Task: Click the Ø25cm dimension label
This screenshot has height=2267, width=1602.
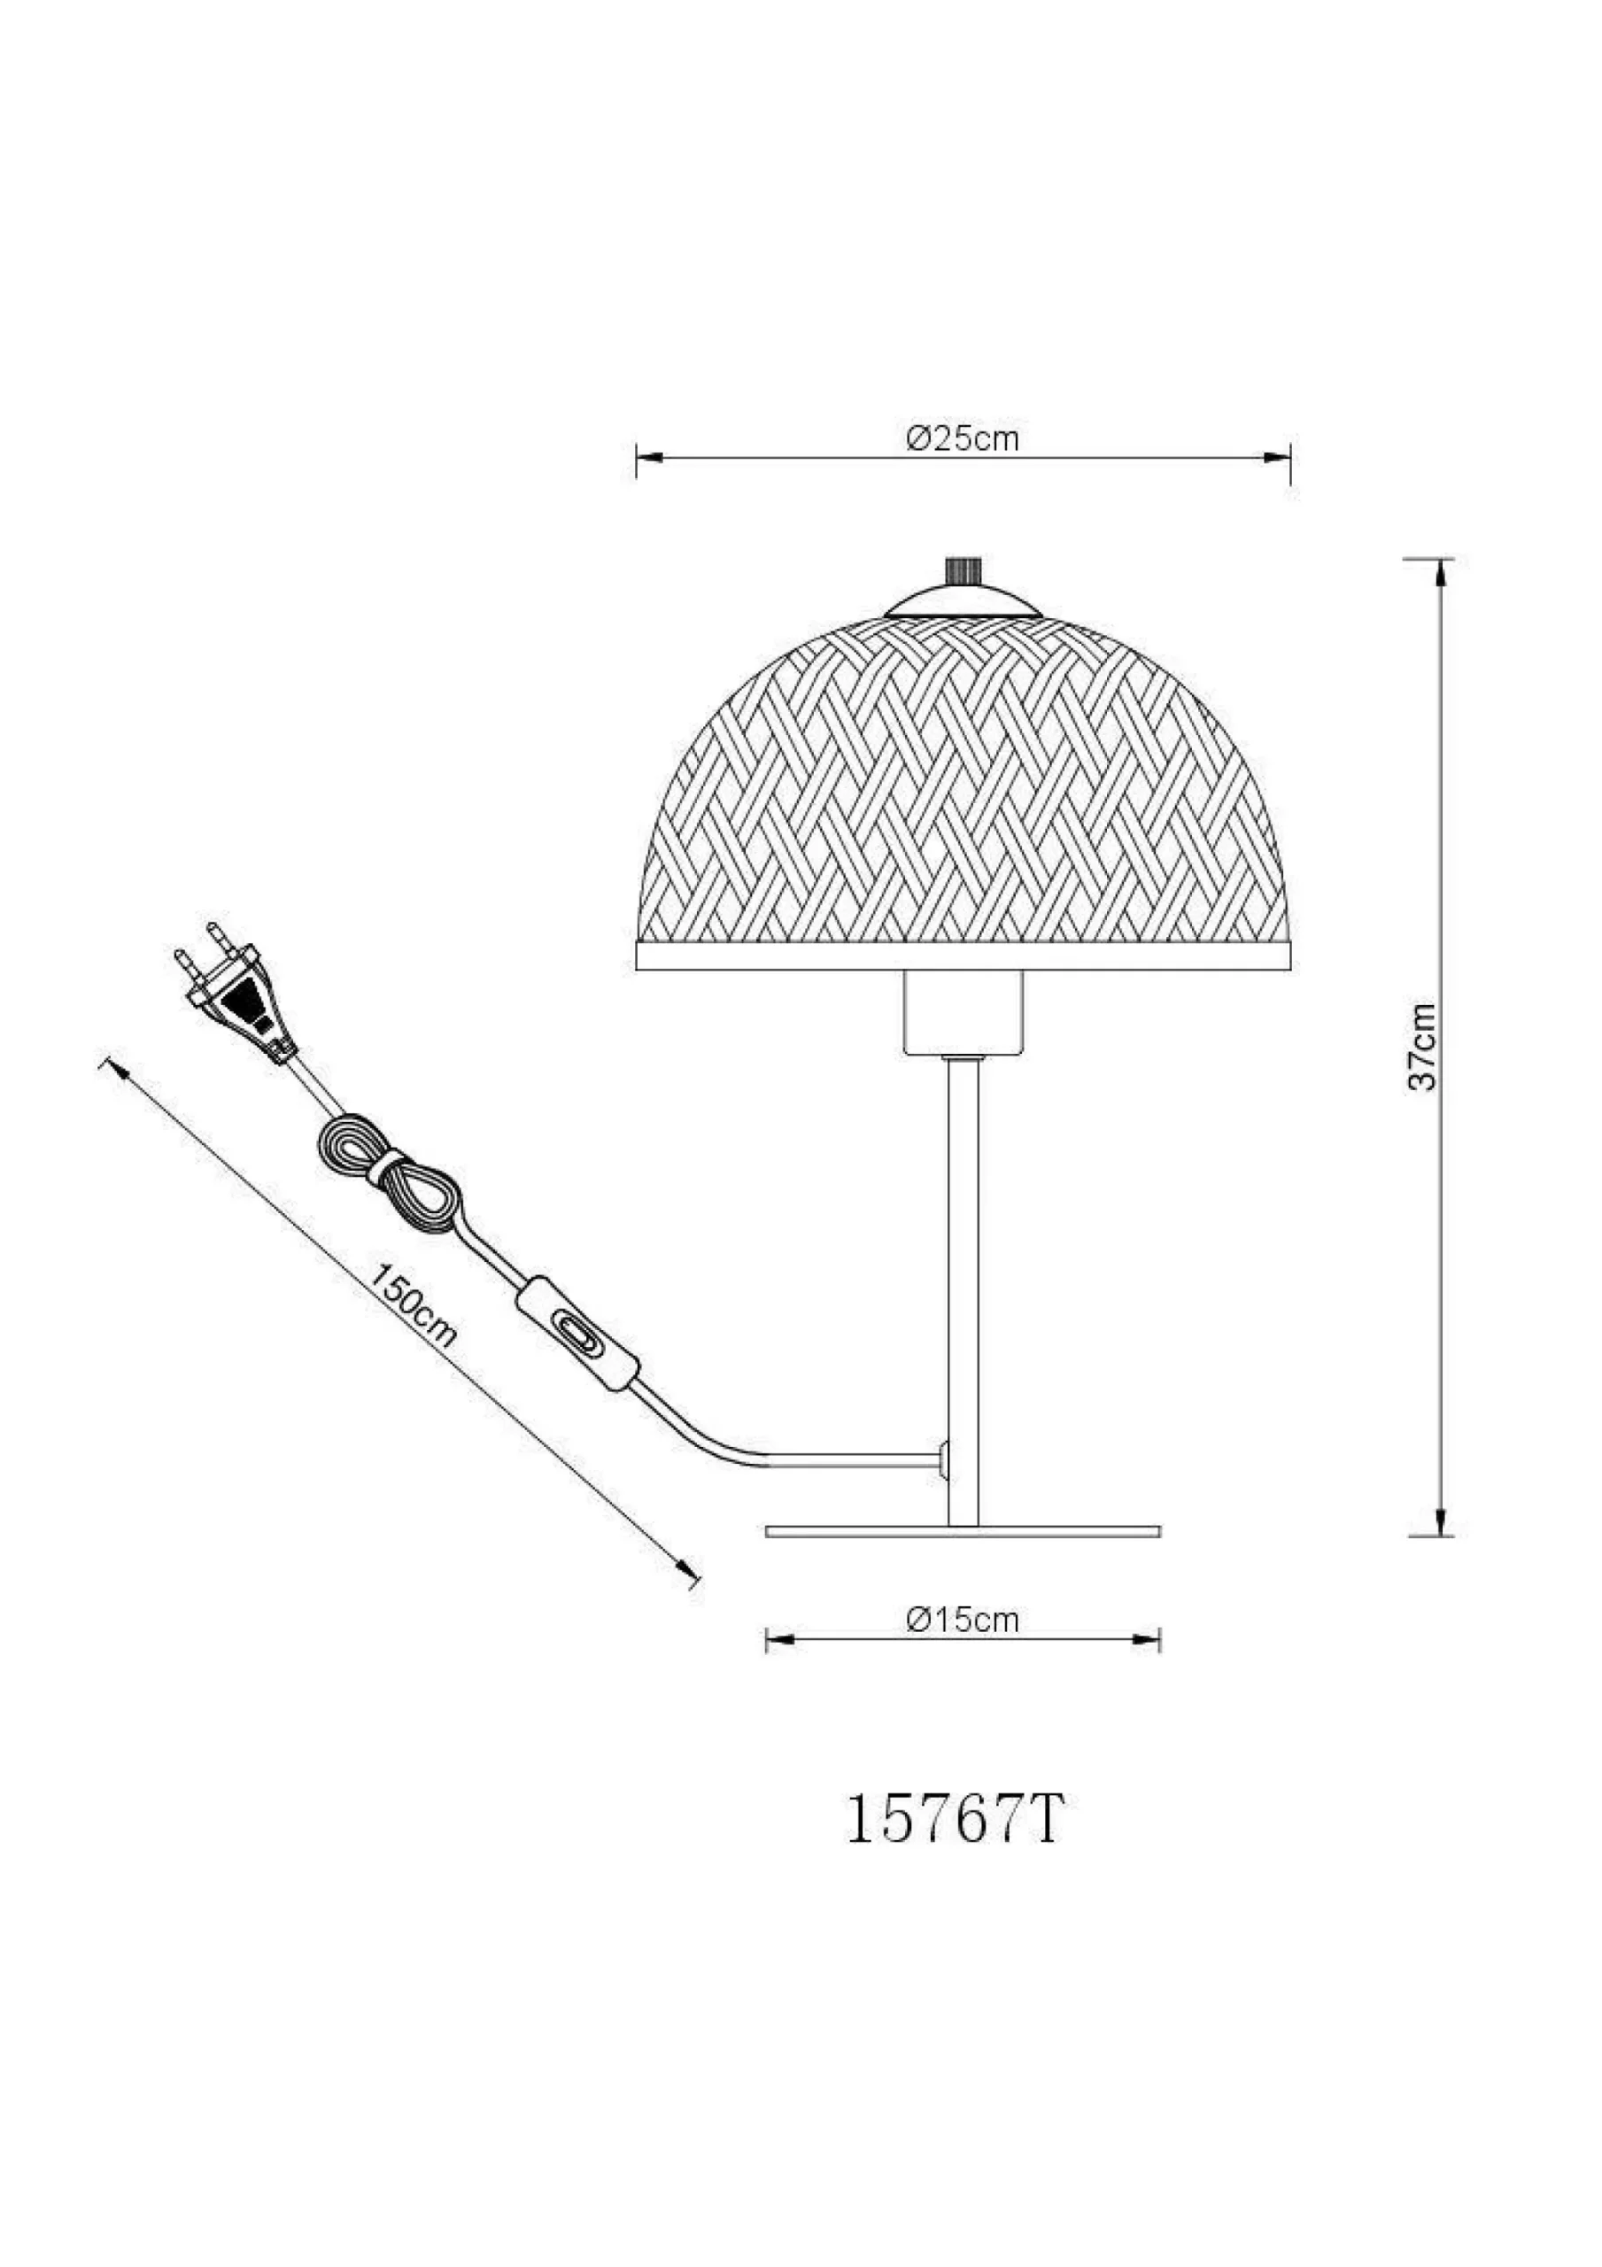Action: pyautogui.click(x=962, y=438)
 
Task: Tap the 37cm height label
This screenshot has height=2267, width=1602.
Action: pyautogui.click(x=1423, y=1047)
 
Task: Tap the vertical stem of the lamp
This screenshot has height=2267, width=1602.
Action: pyautogui.click(x=962, y=1283)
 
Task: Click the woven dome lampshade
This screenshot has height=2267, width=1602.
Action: pyautogui.click(x=962, y=790)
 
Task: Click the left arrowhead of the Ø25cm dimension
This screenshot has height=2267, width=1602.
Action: pyautogui.click(x=648, y=458)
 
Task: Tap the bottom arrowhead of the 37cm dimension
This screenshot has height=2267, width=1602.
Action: pyautogui.click(x=1442, y=1552)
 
